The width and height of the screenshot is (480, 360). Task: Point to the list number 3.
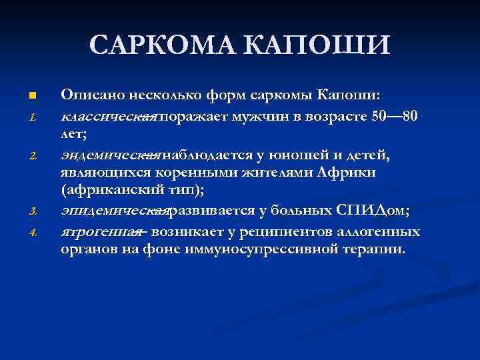pos(31,213)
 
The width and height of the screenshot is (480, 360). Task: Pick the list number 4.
pos(31,233)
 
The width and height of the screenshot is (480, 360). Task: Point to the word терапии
pos(376,250)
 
